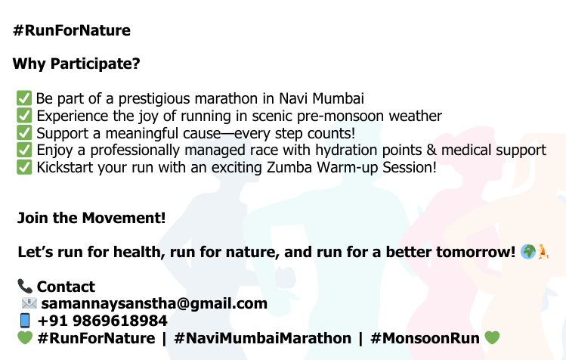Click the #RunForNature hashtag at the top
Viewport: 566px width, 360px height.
click(72, 30)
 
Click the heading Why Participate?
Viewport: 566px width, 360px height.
click(76, 64)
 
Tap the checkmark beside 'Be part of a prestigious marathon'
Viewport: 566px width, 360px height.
click(24, 98)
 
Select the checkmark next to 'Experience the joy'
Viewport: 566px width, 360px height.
click(24, 115)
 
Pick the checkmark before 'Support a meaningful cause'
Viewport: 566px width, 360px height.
click(24, 132)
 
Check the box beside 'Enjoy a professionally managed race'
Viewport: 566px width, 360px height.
click(24, 150)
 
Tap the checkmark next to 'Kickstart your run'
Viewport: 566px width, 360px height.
click(24, 167)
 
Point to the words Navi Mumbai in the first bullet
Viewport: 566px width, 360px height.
click(322, 98)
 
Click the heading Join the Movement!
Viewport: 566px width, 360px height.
click(91, 218)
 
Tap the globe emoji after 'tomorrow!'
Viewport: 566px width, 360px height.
click(527, 252)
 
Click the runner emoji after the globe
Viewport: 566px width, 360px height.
click(543, 251)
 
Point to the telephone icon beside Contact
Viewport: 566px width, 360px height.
click(25, 287)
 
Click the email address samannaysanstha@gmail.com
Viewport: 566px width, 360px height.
click(154, 303)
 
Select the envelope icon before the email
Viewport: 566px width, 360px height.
click(29, 303)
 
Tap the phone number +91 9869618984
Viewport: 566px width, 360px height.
click(103, 321)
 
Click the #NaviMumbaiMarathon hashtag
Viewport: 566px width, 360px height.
click(262, 338)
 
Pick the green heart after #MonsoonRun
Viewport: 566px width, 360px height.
click(492, 338)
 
